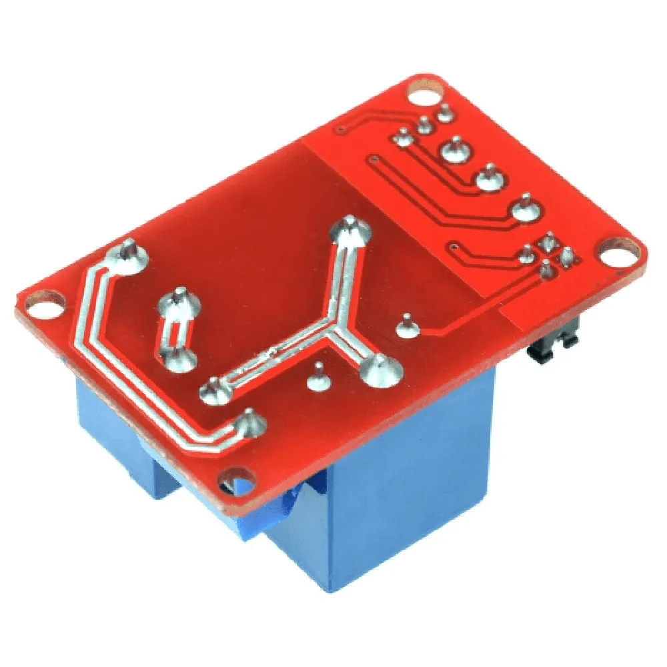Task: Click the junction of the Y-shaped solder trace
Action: tap(332, 331)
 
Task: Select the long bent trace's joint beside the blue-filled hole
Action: tap(251, 422)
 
